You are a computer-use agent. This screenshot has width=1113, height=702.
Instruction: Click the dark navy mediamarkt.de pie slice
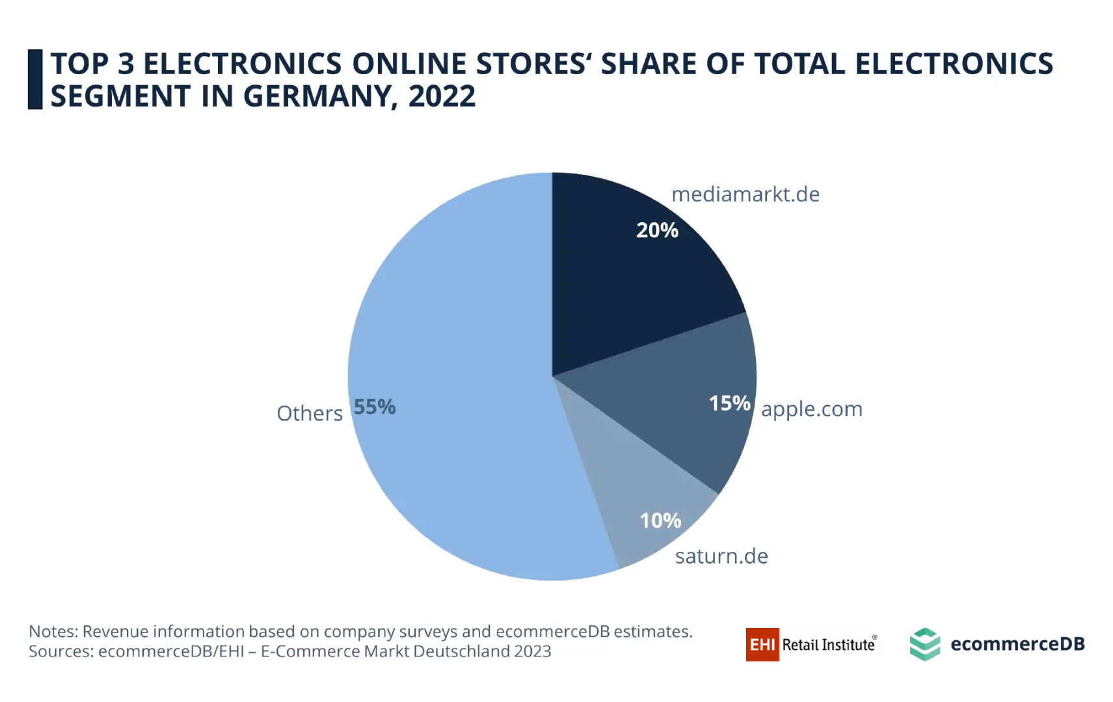click(x=624, y=286)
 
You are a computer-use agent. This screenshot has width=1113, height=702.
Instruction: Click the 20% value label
click(x=657, y=230)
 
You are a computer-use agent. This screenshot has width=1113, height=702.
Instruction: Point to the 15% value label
click(x=729, y=403)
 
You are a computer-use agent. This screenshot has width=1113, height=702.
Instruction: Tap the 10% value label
click(x=660, y=520)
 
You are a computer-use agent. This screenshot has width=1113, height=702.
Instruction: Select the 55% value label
click(x=374, y=407)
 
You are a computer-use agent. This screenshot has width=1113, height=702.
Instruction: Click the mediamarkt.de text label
click(x=745, y=194)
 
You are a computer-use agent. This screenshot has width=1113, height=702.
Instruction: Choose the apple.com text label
click(x=811, y=409)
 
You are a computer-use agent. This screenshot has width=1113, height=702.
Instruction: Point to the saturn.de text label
click(x=721, y=556)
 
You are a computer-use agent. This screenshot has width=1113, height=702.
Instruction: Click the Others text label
click(x=310, y=413)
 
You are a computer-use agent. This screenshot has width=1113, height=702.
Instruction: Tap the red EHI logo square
click(x=762, y=644)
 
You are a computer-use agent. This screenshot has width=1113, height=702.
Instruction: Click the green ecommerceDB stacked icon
click(x=924, y=644)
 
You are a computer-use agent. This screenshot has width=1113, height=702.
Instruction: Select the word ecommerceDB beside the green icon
click(x=1017, y=644)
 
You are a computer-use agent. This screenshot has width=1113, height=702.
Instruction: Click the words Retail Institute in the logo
click(x=828, y=645)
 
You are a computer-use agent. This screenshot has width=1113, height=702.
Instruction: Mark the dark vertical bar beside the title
click(x=35, y=79)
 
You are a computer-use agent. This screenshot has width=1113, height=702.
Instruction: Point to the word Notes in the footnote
click(x=53, y=631)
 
